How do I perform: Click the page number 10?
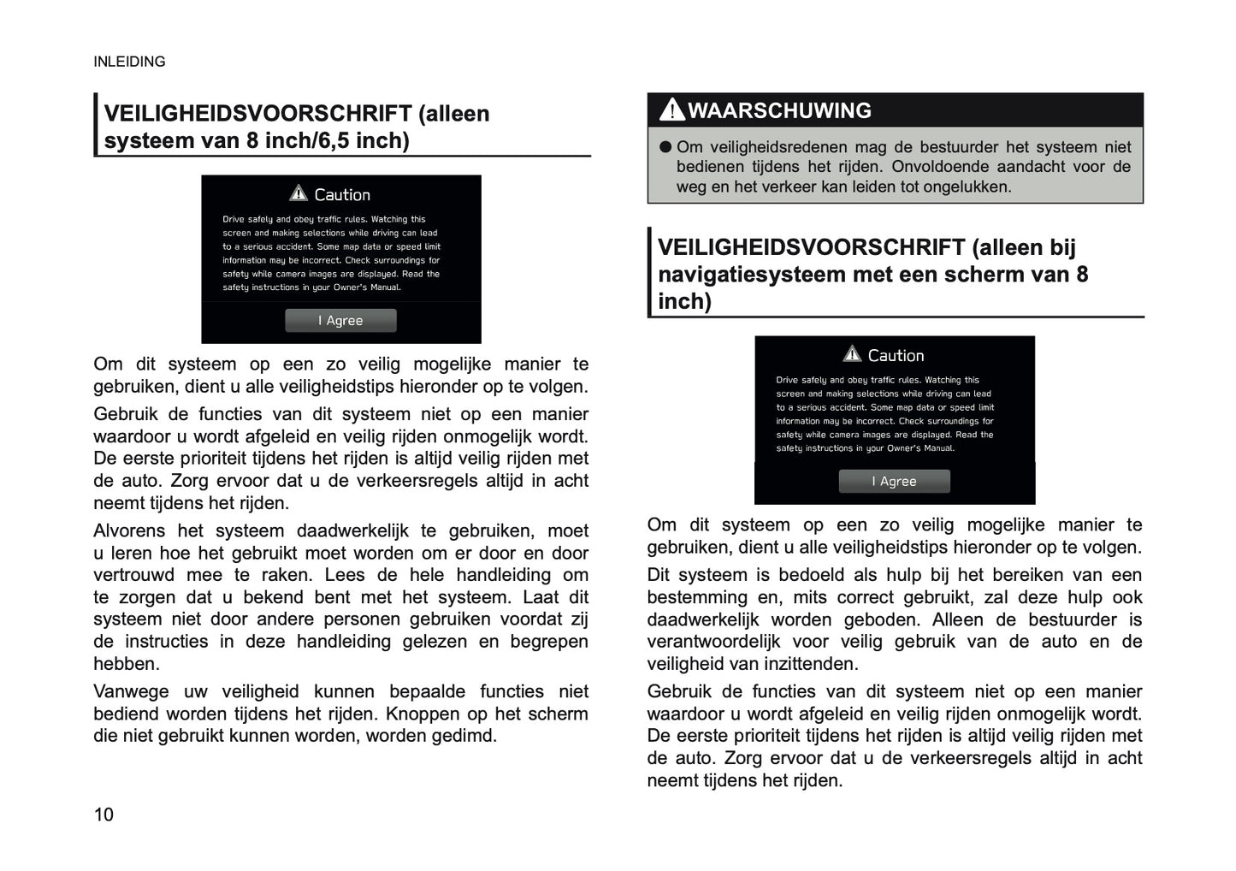pyautogui.click(x=103, y=815)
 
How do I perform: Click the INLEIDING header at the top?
pyautogui.click(x=129, y=62)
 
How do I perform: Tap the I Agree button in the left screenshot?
pyautogui.click(x=340, y=321)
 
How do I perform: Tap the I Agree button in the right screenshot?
pyautogui.click(x=894, y=482)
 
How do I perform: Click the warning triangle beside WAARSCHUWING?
pyautogui.click(x=672, y=110)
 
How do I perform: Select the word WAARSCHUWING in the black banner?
pyautogui.click(x=779, y=110)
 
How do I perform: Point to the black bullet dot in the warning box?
pyautogui.click(x=666, y=147)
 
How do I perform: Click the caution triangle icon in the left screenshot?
pyautogui.click(x=298, y=193)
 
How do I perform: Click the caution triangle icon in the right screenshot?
pyautogui.click(x=852, y=354)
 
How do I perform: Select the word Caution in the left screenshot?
pyautogui.click(x=342, y=195)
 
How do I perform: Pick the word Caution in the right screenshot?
pyautogui.click(x=896, y=356)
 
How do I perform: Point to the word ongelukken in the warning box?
pyautogui.click(x=968, y=187)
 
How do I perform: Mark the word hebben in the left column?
pyautogui.click(x=126, y=664)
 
